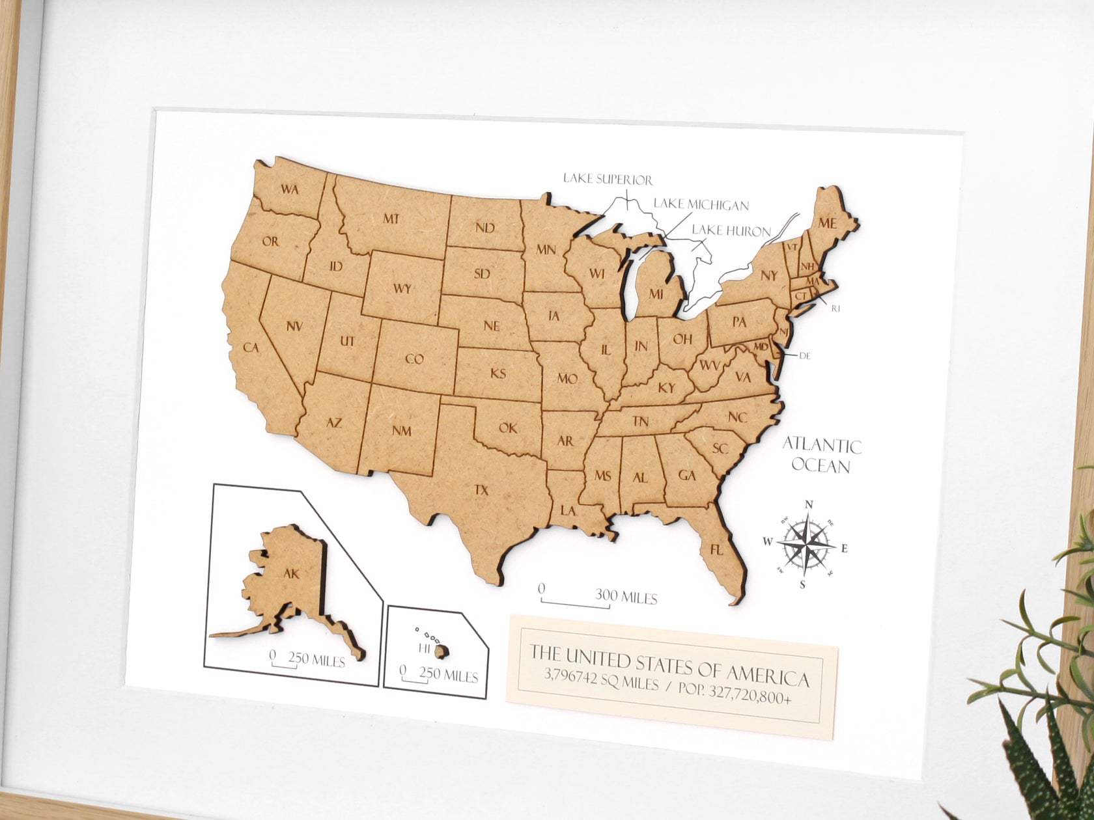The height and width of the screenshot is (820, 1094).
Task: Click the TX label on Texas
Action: pyautogui.click(x=481, y=491)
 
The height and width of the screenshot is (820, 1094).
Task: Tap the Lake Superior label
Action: pyautogui.click(x=608, y=178)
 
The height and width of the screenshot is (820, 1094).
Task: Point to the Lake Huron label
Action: pyautogui.click(x=731, y=230)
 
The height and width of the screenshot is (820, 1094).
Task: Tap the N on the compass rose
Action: pyautogui.click(x=809, y=504)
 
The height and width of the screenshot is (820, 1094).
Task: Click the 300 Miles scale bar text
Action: pyautogui.click(x=625, y=597)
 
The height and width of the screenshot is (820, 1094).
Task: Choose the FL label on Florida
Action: pyautogui.click(x=716, y=551)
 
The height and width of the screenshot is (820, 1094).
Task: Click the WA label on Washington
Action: pyautogui.click(x=290, y=189)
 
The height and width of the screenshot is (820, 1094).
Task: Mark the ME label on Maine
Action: pyautogui.click(x=826, y=223)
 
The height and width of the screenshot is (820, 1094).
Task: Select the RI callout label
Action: pyautogui.click(x=835, y=309)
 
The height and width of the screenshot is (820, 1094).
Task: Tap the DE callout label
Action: pyautogui.click(x=804, y=355)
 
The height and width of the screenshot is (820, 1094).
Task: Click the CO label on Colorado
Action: pyautogui.click(x=414, y=359)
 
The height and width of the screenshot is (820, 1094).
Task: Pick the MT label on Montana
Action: pyautogui.click(x=391, y=219)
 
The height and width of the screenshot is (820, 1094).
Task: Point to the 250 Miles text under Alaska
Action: pyautogui.click(x=316, y=660)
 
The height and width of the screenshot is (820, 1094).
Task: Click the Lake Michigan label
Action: pyautogui.click(x=701, y=205)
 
